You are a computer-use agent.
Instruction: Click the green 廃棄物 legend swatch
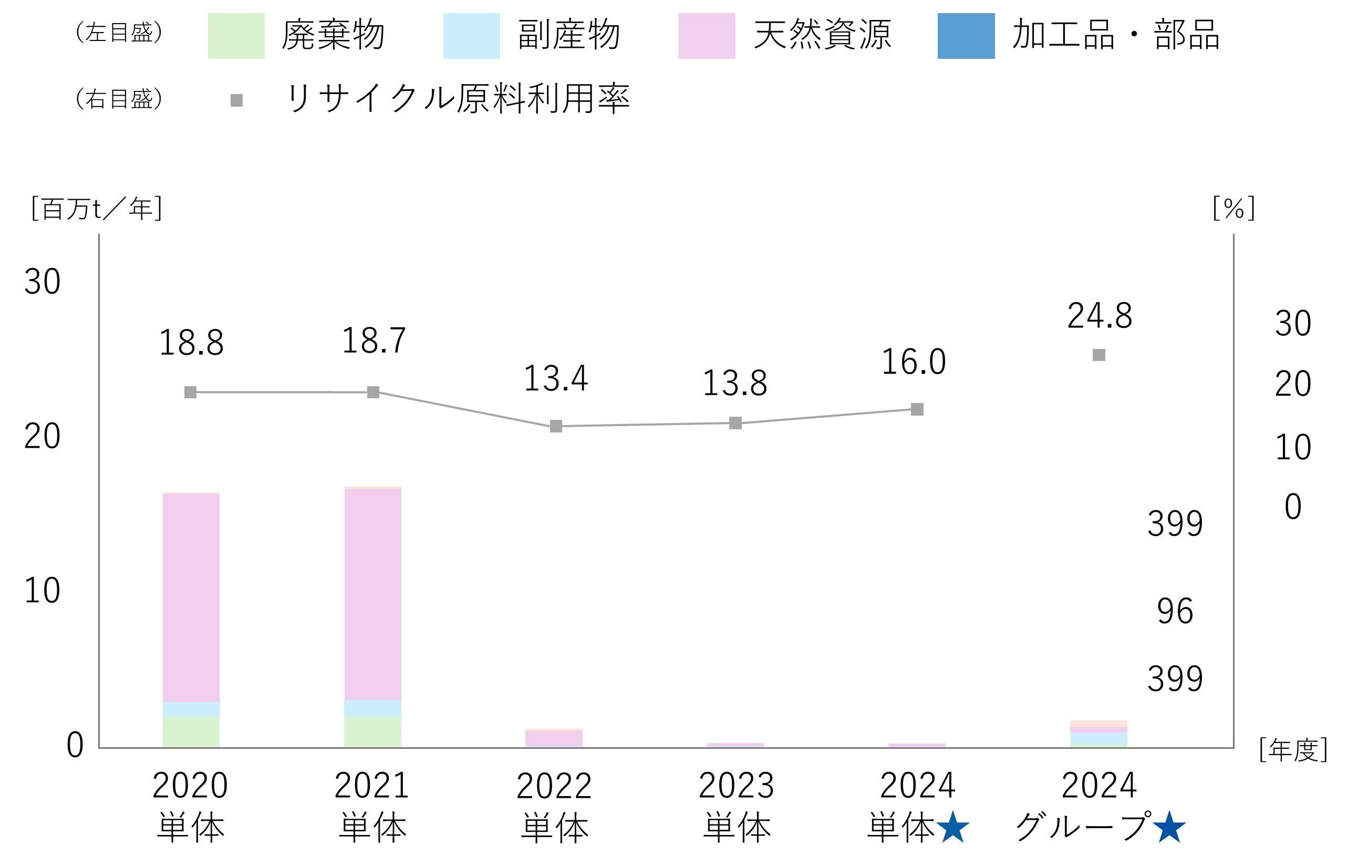236,36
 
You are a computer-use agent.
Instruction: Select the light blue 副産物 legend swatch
471,36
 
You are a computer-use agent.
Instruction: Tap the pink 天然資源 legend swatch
706,36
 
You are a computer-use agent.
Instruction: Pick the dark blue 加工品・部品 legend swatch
966,36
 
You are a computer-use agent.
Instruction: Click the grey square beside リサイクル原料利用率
236,100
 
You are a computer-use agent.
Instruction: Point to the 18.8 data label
191,343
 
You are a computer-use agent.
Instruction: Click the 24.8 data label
1099,315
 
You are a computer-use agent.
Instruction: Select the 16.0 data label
913,362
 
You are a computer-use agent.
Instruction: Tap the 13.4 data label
555,378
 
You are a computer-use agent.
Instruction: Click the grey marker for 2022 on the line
555,426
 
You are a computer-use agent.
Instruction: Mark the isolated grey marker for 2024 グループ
1098,355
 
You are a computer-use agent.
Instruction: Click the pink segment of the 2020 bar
191,597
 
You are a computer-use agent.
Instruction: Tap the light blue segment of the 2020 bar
191,709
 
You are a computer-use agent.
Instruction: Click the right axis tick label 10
1293,447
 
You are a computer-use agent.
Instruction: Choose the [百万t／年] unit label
97,209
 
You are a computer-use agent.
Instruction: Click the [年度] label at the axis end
1293,750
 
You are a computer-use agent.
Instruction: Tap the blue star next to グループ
1169,827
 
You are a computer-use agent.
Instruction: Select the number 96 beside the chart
1175,611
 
